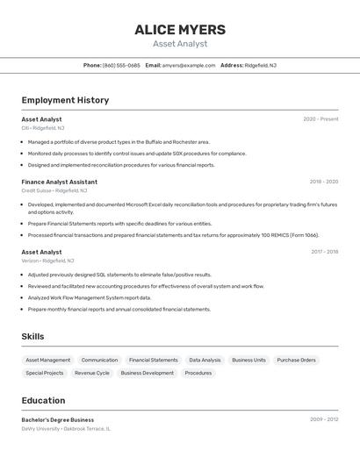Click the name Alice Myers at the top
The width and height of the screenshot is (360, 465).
180,30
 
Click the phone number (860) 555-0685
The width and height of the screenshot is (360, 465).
121,65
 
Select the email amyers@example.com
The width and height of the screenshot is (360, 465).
189,65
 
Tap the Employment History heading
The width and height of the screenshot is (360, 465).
65,100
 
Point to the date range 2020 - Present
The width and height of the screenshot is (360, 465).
320,119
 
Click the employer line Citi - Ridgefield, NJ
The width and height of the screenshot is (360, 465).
43,128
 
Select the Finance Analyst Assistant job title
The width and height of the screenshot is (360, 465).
60,182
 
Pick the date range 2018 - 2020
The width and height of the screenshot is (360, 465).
323,182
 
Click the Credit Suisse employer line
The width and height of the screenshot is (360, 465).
54,190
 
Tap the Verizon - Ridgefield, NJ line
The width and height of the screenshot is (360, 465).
48,261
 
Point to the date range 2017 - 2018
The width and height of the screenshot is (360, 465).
324,252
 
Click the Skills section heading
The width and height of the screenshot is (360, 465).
32,336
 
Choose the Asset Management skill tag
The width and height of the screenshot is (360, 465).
48,360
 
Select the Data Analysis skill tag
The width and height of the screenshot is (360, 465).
205,360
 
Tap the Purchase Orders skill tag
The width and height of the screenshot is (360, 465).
296,360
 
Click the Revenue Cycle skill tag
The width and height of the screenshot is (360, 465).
92,373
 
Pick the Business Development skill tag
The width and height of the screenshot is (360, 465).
147,373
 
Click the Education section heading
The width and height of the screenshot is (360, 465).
43,400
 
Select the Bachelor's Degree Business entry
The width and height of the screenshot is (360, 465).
58,419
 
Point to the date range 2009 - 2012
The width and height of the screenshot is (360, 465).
323,419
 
